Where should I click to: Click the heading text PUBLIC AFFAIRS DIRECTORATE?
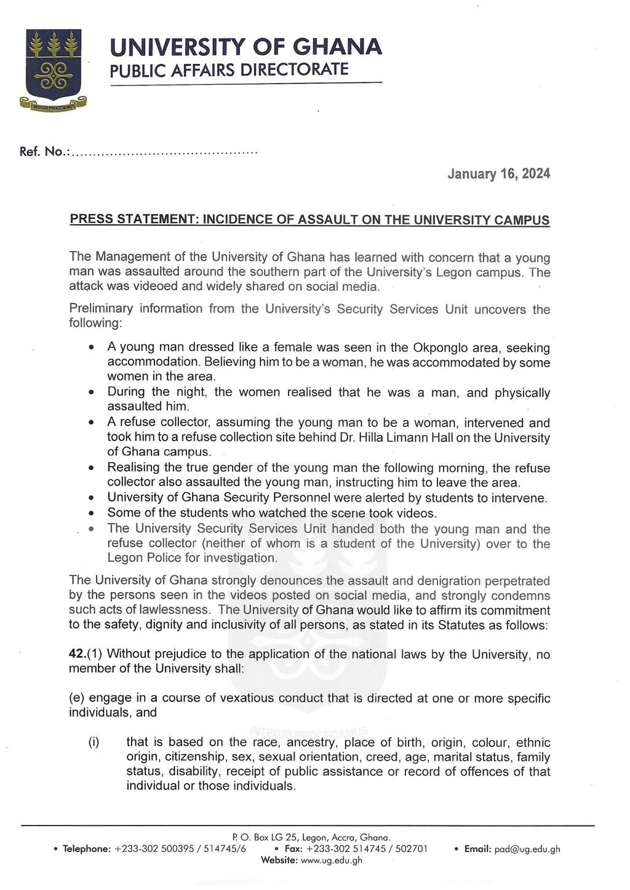click(x=229, y=69)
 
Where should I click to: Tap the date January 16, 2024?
click(x=498, y=174)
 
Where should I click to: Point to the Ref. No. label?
click(x=44, y=152)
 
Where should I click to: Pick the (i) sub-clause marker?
click(x=94, y=742)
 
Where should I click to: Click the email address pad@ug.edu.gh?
click(x=527, y=849)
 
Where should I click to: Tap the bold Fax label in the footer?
click(x=293, y=849)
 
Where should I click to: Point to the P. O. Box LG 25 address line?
click(x=311, y=838)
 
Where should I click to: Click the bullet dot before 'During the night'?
click(x=91, y=392)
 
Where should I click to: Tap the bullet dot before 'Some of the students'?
click(x=91, y=513)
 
